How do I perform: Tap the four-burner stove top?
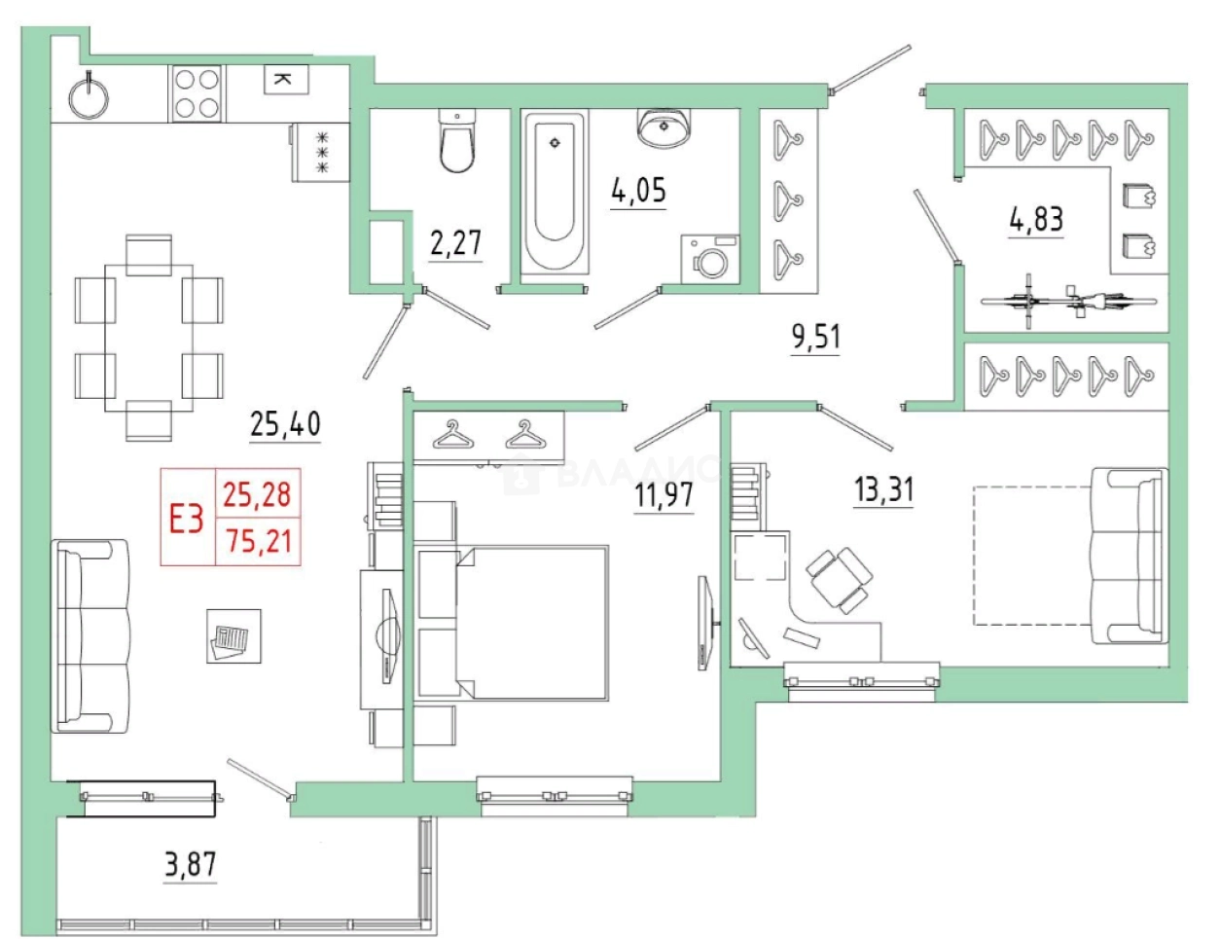pos(197,93)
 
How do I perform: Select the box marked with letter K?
pos(286,79)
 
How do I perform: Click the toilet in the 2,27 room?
pos(457,141)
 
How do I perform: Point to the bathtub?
pos(556,192)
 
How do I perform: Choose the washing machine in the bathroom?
pos(710,259)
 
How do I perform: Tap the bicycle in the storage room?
pos(1069,301)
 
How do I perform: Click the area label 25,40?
pos(285,423)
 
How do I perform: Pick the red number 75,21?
pos(259,542)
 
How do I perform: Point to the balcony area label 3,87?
pos(191,864)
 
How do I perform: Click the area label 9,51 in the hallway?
pos(816,338)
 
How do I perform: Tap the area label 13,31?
pos(883,489)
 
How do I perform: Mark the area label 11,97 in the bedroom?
pos(664,494)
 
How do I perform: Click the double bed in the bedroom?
pos(532,622)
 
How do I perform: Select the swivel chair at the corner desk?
pos(839,580)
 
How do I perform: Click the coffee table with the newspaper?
pos(233,636)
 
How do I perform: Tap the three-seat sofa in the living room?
pos(90,636)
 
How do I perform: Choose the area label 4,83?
pos(1036,219)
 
